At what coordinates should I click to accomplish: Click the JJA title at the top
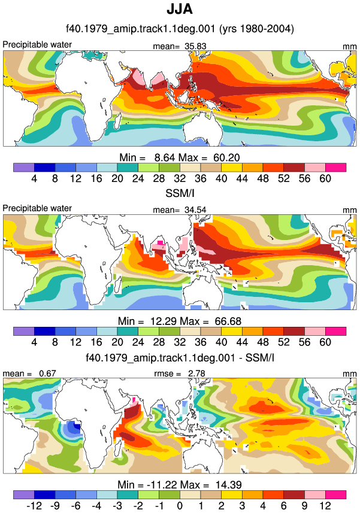click(x=180, y=9)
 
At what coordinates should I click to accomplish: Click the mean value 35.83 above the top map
click(x=195, y=46)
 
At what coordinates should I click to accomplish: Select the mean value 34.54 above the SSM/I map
click(x=195, y=210)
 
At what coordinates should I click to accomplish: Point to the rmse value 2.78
click(x=196, y=374)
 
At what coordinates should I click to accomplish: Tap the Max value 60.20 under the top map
click(x=227, y=157)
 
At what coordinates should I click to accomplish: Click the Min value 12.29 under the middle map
click(x=164, y=321)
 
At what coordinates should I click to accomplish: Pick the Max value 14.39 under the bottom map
click(x=228, y=484)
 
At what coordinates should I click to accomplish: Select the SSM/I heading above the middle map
click(x=180, y=193)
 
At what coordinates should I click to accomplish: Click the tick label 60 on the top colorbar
click(x=325, y=178)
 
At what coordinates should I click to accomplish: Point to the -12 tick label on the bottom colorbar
click(x=34, y=506)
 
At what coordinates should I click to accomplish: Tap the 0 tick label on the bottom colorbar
click(x=180, y=506)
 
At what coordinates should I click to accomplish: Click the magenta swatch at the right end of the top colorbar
click(x=335, y=168)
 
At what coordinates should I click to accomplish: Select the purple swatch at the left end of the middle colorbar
click(x=24, y=331)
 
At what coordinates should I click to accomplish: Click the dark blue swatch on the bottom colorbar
click(x=44, y=494)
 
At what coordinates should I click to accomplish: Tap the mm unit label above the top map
click(x=350, y=47)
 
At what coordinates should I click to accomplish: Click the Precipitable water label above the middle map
click(x=37, y=208)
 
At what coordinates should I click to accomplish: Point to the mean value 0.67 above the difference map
click(x=47, y=374)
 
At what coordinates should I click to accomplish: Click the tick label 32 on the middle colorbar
click(x=180, y=342)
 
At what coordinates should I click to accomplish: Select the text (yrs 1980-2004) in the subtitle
click(x=256, y=29)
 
